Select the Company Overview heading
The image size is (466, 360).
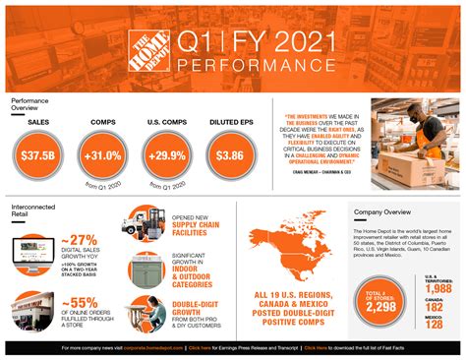click(382, 211)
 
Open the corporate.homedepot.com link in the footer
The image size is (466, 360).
click(156, 348)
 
